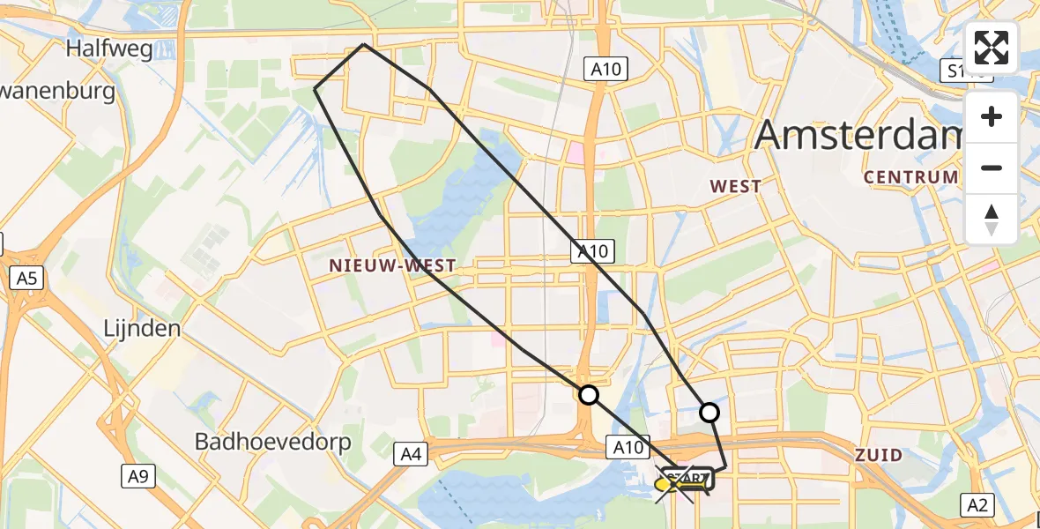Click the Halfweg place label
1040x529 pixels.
109,48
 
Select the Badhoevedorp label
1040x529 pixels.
272,441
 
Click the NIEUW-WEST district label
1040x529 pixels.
393,265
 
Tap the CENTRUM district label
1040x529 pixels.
910,177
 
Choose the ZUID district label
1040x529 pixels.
879,456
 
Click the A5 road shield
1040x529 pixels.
26,279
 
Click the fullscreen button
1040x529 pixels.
992,48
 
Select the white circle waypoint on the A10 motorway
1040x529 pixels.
588,395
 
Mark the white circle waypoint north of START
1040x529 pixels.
709,412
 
